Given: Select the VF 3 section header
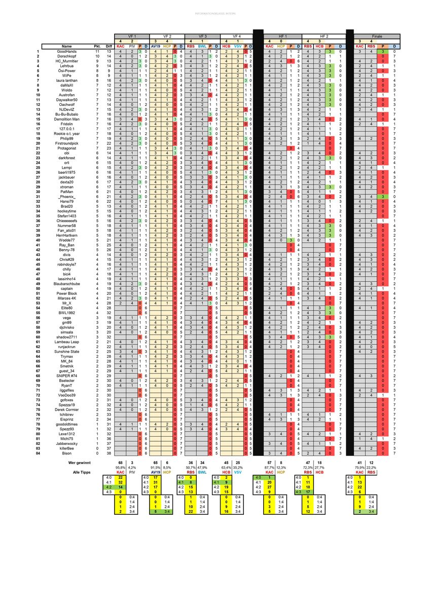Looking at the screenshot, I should coord(203,36).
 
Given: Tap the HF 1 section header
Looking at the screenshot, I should coord(283,36).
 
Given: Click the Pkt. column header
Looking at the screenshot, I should coord(97,46).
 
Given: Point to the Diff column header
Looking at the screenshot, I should coord(109,46).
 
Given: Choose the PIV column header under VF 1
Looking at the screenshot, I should coord(132,46).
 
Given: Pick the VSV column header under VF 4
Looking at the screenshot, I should coord(238,46).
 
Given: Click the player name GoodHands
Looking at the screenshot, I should coord(66,52).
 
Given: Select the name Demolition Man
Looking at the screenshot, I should coord(66,119).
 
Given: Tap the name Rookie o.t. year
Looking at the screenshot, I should coord(66,133).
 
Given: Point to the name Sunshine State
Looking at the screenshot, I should coord(66,351).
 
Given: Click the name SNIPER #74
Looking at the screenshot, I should coord(66,375).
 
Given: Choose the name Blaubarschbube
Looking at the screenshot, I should coord(66,283).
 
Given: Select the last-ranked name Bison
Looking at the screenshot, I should coord(66,452).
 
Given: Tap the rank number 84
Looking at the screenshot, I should coord(38,452).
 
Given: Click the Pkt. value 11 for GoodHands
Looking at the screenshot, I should coord(97,52).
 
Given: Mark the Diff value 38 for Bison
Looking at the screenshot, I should coord(109,452).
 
